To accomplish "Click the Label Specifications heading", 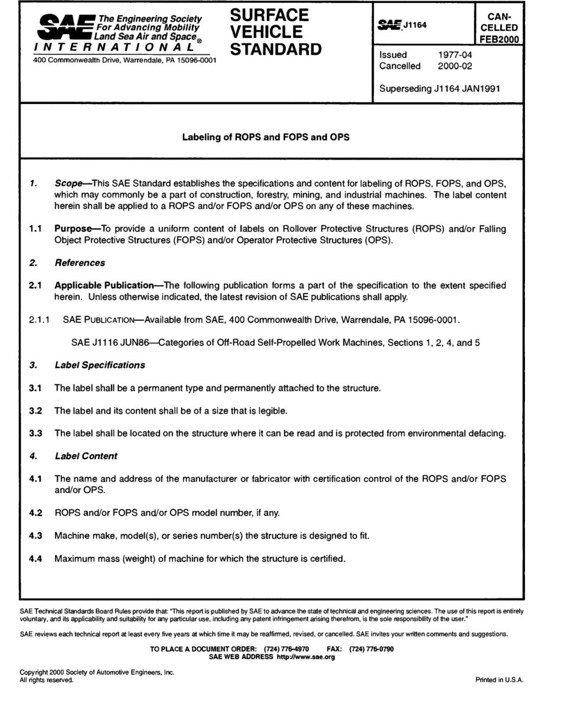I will (99, 365).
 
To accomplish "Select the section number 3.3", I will (36, 434).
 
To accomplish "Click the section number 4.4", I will (36, 558).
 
